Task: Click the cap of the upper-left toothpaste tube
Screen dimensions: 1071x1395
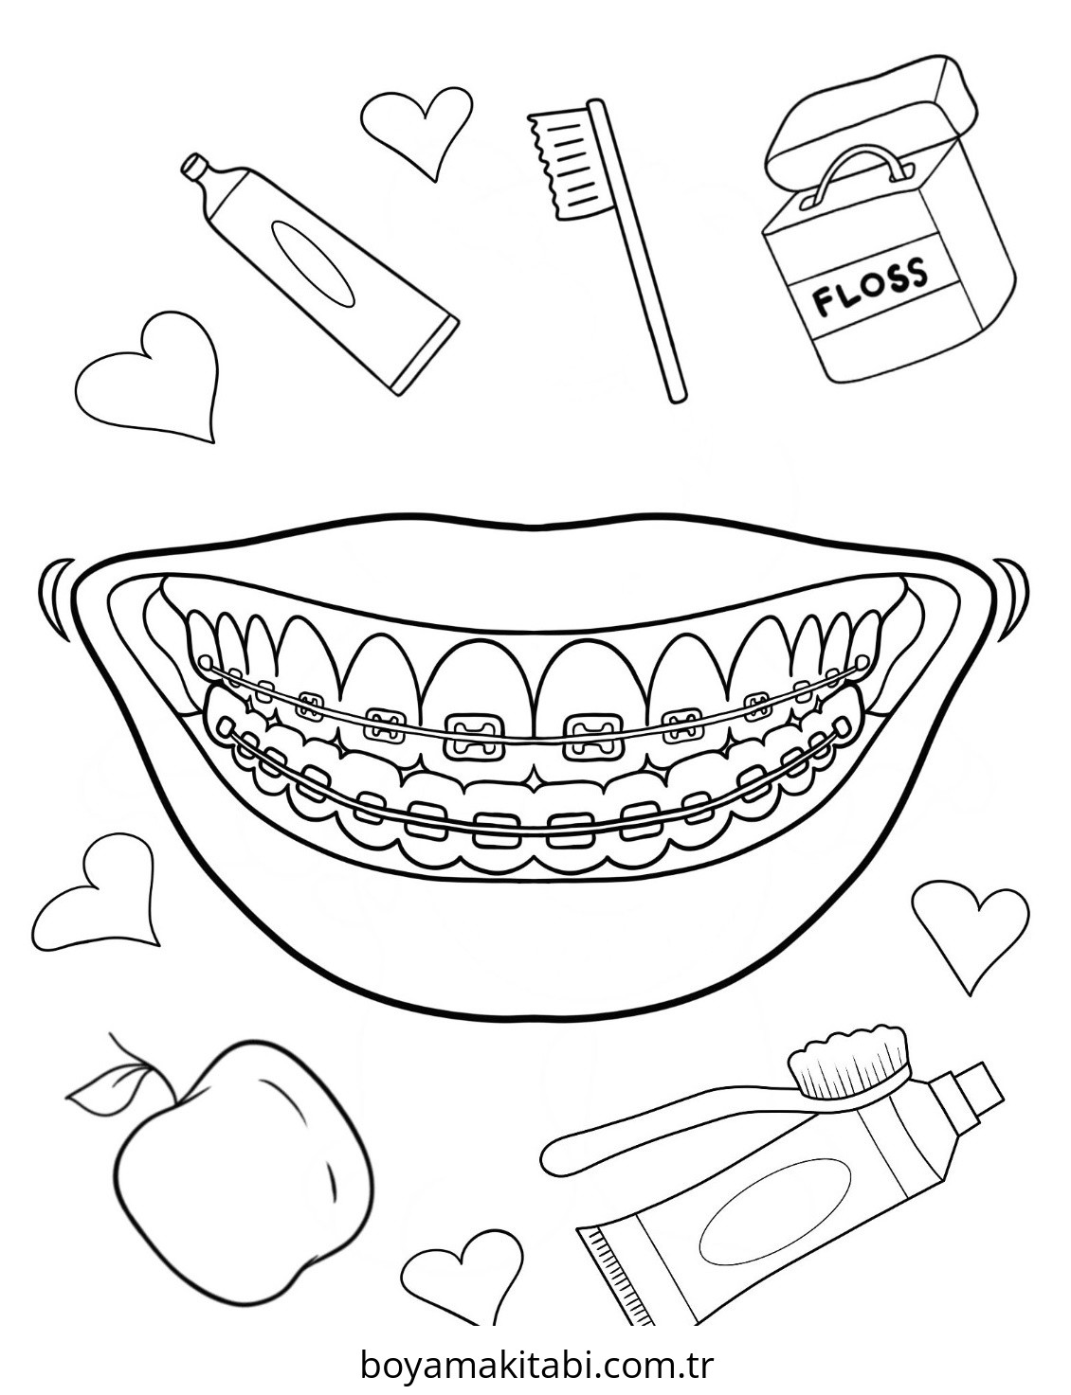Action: coord(195,169)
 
